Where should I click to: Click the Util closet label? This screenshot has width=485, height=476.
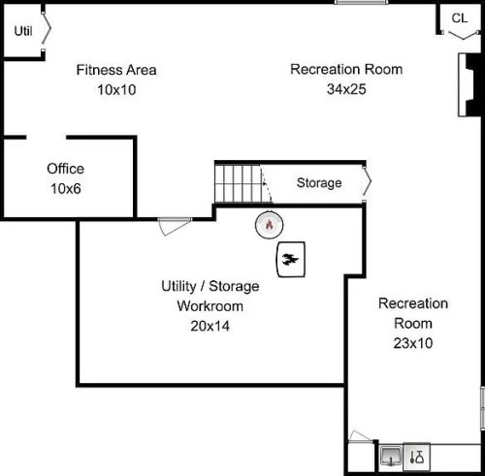point(23,31)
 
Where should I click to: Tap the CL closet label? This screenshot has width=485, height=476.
point(460,18)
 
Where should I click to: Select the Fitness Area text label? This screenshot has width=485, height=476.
point(116,70)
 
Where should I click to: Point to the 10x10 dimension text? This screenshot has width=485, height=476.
point(116,90)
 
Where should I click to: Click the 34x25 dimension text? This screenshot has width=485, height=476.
point(346,89)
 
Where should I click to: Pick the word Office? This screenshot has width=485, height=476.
point(66,169)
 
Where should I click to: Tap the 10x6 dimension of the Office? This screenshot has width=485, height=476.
point(66,188)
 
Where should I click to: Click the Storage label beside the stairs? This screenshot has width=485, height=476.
point(319,183)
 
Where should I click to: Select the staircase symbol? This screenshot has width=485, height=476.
point(239,183)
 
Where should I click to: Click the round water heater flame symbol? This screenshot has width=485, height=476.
point(269,225)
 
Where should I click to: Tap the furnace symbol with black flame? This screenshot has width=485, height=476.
point(291,260)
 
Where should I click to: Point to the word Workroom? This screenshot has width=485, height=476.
point(210,306)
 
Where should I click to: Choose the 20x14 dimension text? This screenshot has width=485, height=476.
point(210,326)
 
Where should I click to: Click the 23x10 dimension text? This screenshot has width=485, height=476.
point(413,343)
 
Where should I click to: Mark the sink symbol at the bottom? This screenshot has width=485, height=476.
point(391,457)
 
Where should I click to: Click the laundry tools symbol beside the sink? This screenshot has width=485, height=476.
point(417,457)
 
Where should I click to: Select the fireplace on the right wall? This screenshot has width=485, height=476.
point(469,85)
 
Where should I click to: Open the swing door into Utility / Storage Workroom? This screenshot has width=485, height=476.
point(175,226)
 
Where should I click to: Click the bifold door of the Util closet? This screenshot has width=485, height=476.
point(47,31)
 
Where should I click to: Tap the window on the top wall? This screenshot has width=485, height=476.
point(362,2)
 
